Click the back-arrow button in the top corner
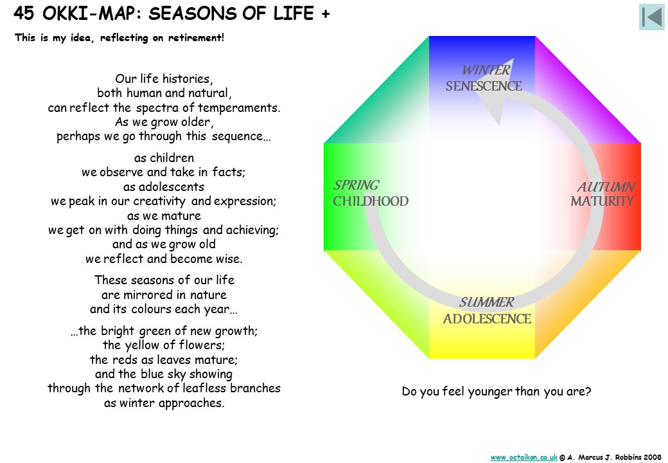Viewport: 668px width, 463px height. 652,17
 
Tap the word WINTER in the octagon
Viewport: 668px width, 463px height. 486,70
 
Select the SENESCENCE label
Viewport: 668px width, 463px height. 484,86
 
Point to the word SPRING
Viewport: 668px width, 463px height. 356,185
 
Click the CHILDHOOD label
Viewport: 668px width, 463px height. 371,201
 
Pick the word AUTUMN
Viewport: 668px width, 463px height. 606,186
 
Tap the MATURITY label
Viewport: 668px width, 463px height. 602,201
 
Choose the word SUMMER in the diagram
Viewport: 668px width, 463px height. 486,302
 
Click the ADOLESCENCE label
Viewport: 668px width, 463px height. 487,319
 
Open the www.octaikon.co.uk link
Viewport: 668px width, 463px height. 524,457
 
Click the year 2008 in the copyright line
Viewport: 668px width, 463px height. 653,457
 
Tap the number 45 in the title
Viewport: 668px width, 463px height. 23,14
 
